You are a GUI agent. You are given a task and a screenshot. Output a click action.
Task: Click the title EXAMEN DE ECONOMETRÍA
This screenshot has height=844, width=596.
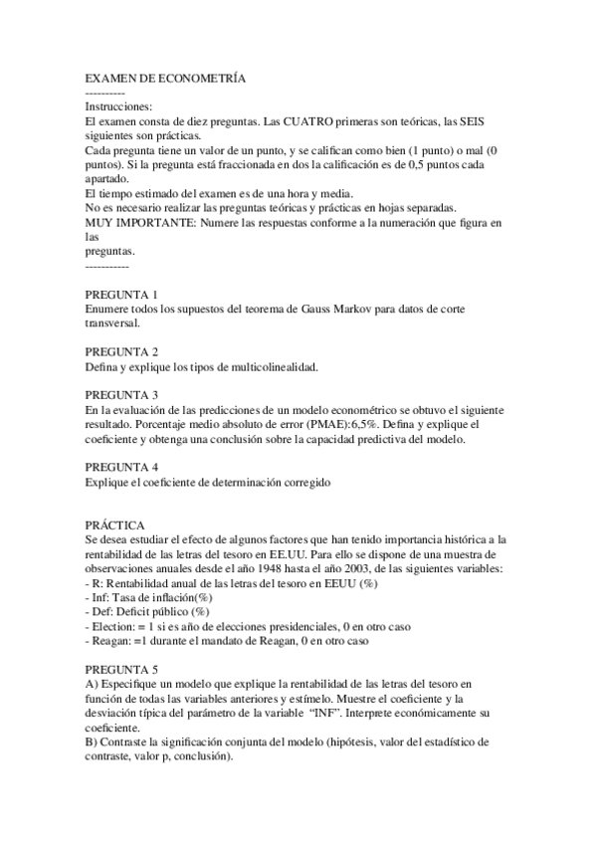coord(165,78)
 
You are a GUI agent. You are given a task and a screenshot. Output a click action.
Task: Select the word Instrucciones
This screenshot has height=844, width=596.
coord(118,105)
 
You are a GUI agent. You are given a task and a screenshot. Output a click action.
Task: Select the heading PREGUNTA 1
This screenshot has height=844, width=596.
coord(121,295)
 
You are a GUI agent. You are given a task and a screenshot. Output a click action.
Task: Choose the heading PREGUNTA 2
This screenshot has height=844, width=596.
coord(121,351)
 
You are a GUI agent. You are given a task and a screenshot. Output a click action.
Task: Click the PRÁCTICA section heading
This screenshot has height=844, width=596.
coord(114,525)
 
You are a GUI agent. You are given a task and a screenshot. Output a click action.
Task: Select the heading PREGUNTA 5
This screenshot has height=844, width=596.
coord(121,668)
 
